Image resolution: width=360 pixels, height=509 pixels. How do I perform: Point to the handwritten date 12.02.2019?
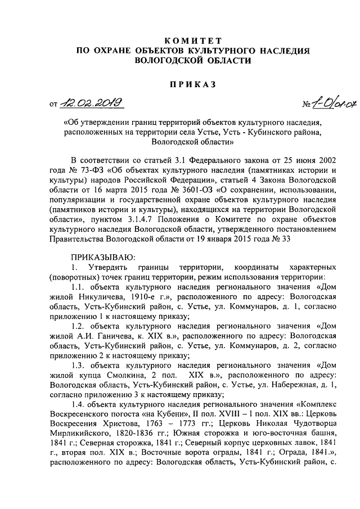[x=95, y=103]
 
